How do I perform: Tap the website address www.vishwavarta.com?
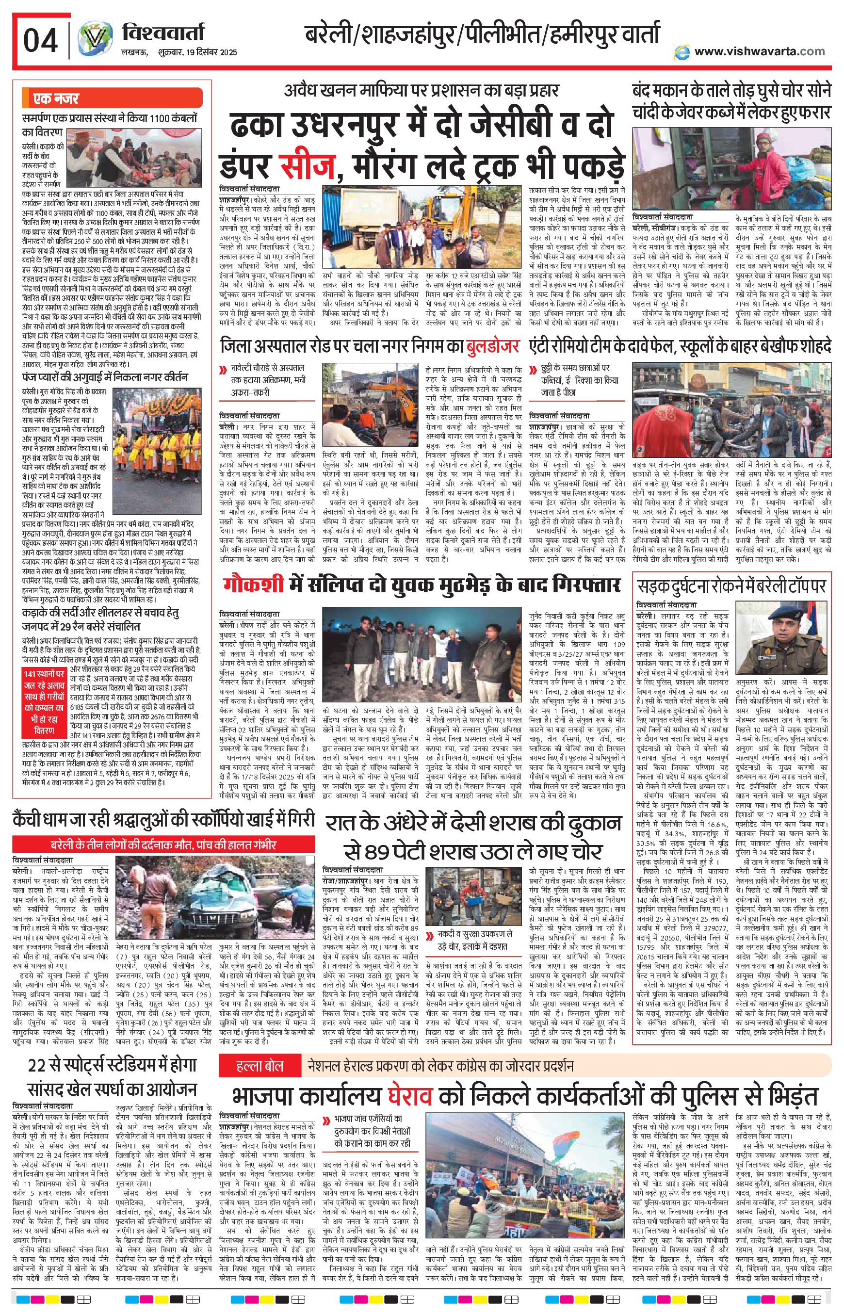[x=759, y=51]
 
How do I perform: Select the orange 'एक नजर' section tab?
[x=56, y=98]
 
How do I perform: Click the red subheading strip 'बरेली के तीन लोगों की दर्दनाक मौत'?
[x=164, y=845]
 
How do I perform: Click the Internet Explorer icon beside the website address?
[x=682, y=51]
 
